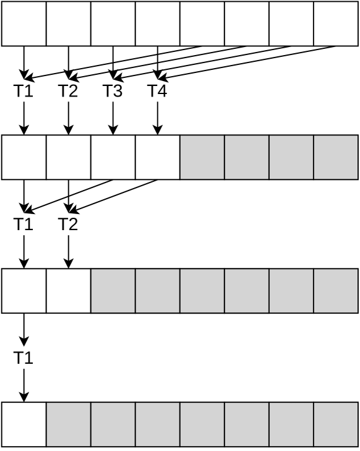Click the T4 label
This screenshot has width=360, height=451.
[157, 91]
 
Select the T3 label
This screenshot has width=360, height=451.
[113, 91]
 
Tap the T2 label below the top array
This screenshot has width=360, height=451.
[68, 91]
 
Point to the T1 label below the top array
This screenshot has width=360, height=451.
[24, 91]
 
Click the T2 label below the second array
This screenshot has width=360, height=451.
[68, 225]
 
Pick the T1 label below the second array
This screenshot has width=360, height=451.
[24, 225]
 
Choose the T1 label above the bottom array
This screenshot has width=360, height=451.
[24, 358]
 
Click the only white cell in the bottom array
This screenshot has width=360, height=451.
[24, 424]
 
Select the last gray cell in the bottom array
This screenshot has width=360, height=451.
[336, 424]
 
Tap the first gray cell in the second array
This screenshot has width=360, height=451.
[202, 157]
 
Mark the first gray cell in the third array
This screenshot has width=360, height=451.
[113, 291]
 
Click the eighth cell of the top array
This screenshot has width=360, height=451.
[336, 24]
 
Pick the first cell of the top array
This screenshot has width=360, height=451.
[24, 24]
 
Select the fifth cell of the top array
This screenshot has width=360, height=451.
[202, 24]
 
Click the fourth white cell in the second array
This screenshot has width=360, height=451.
[158, 157]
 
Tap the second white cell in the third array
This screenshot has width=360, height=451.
[69, 291]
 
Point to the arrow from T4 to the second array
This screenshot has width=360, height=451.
[158, 118]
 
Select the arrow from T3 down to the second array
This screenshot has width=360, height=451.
[113, 118]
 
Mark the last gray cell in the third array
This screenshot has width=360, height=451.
[336, 291]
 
